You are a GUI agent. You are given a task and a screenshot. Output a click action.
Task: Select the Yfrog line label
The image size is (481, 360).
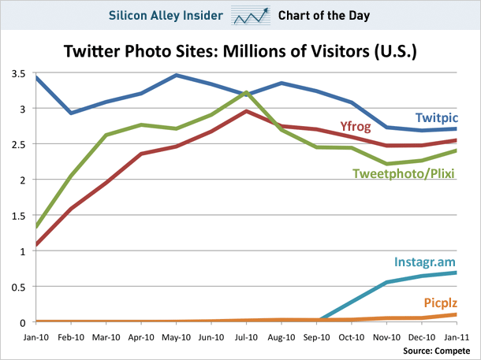(x=356, y=126)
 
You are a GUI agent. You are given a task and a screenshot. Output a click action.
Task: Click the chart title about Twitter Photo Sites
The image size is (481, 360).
(x=240, y=52)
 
